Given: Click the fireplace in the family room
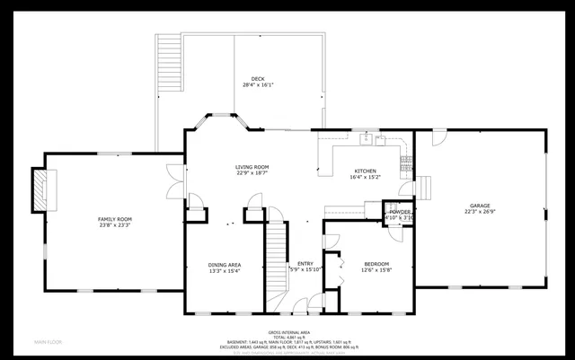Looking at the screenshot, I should tap(40, 190).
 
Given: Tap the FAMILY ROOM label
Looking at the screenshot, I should tap(115, 219).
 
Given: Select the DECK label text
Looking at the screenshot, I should tap(258, 78).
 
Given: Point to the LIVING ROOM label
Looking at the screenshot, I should tap(252, 167).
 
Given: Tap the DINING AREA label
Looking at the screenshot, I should tap(224, 265).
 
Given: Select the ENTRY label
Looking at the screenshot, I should tap(306, 264).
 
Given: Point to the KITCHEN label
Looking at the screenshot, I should tap(365, 171).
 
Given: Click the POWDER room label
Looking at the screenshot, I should tap(400, 212).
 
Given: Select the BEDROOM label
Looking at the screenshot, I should tap(376, 264).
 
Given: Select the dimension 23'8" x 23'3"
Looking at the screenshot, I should tap(115, 225).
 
